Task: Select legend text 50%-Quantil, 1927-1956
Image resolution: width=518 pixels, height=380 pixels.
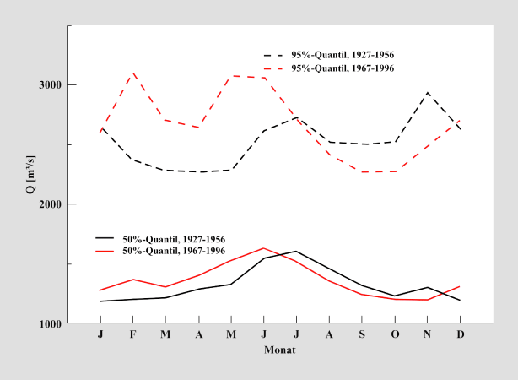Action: [174, 240]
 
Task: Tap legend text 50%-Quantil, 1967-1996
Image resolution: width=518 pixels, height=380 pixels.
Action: [174, 252]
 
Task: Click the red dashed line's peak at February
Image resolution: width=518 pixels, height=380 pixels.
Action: [132, 73]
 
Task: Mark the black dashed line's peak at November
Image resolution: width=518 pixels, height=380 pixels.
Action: [428, 93]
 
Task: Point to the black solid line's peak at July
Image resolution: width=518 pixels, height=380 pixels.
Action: [296, 251]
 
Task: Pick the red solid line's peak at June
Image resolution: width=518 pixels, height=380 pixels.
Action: [263, 248]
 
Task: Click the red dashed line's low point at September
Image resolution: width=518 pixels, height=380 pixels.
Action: [362, 172]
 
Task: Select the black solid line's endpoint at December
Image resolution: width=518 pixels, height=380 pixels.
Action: [461, 301]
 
